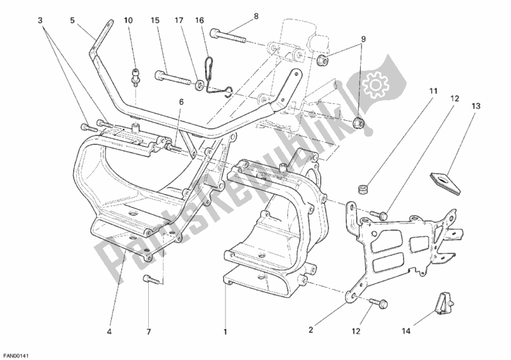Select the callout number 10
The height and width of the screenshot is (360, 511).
[128, 20]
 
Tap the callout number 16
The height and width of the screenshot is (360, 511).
[199, 20]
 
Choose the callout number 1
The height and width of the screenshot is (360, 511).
[225, 331]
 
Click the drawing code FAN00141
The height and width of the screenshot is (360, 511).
[15, 353]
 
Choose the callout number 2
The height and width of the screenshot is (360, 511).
[310, 331]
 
